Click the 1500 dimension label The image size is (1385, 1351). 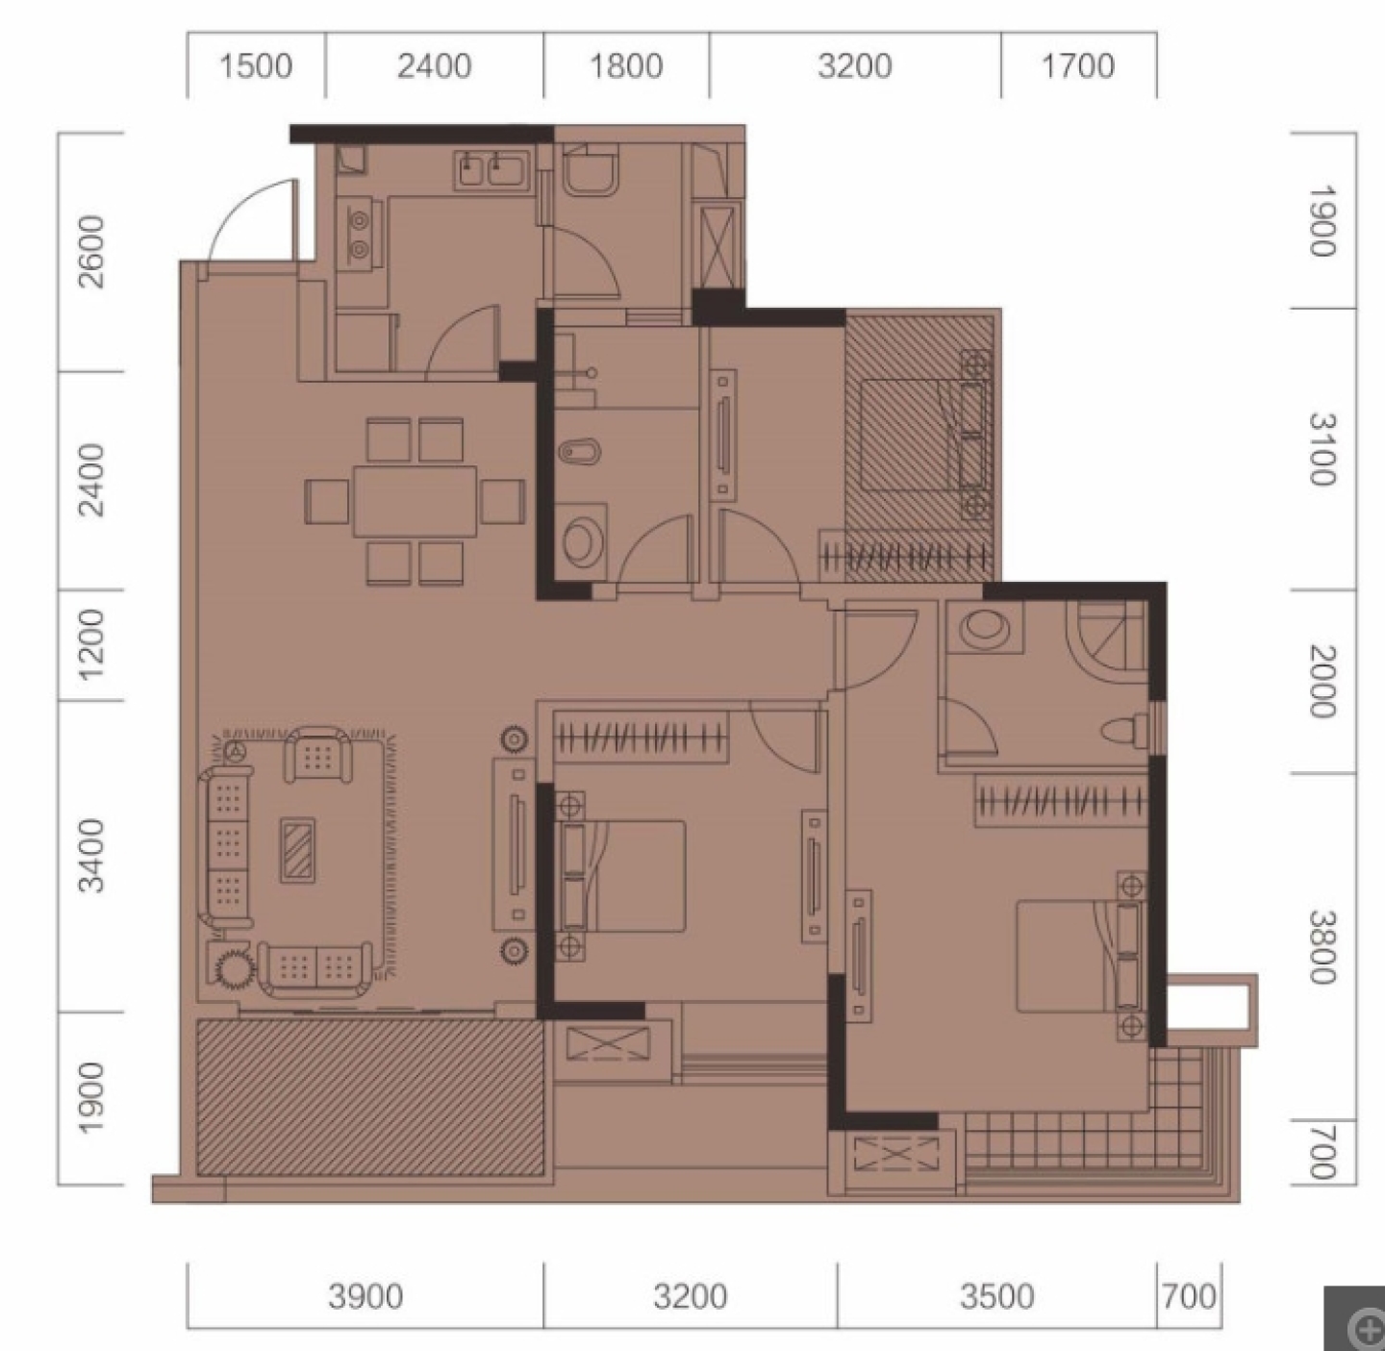click(256, 66)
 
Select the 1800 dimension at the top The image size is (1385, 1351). click(626, 66)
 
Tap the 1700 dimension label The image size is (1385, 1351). click(1077, 66)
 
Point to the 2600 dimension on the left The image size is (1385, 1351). click(91, 252)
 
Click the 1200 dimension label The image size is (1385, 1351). click(91, 644)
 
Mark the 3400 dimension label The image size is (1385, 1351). click(91, 856)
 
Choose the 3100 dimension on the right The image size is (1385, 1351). click(1323, 449)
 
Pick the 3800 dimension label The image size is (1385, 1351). click(1323, 947)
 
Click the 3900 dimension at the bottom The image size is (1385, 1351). click(365, 1296)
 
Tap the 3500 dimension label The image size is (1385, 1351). click(996, 1296)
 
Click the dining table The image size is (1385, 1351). click(415, 501)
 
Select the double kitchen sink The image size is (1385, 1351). click(491, 170)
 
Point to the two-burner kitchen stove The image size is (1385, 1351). click(360, 233)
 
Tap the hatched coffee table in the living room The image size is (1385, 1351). click(297, 851)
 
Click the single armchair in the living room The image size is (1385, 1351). click(317, 754)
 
